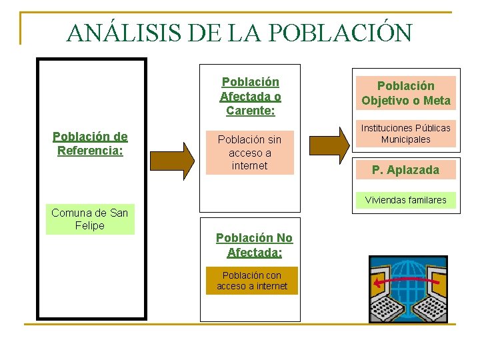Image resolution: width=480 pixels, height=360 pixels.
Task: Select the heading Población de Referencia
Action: click(90, 143)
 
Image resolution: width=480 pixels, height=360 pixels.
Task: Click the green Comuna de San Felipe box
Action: click(90, 219)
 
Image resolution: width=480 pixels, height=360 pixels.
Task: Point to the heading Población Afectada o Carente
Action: click(250, 96)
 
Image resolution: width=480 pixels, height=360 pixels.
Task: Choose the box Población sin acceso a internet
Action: click(249, 153)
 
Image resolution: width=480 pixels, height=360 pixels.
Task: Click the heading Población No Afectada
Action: click(254, 245)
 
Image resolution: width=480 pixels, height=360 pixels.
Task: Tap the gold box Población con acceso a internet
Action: click(252, 281)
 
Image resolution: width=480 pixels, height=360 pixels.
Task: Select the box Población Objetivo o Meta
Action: click(405, 93)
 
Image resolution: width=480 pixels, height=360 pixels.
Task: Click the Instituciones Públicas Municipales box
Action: click(405, 133)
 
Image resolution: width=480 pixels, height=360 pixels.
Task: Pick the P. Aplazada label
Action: click(405, 170)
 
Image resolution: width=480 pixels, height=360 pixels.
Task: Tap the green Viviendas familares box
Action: click(405, 200)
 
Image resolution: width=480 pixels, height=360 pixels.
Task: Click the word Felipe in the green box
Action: click(90, 225)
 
